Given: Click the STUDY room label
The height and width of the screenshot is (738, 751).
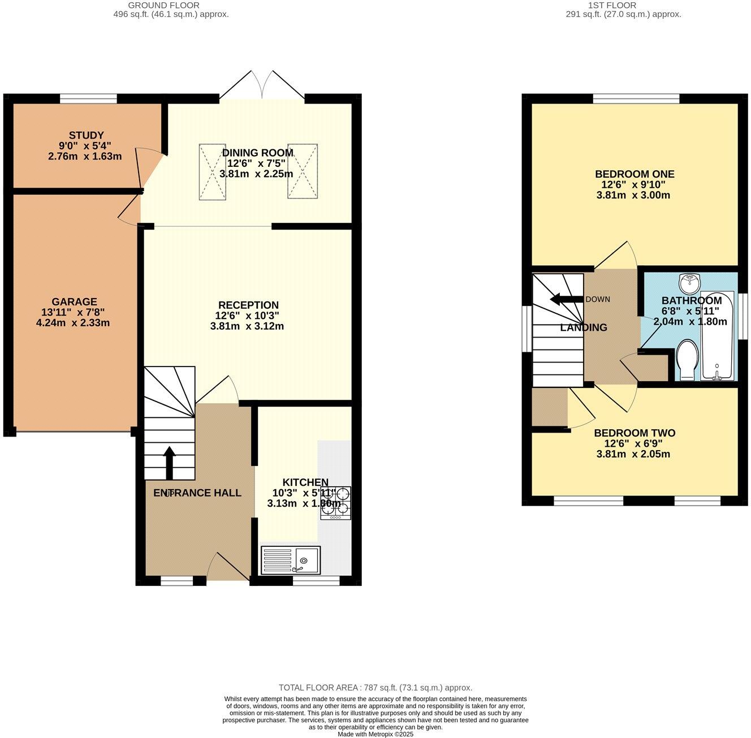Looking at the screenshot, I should tap(86, 135).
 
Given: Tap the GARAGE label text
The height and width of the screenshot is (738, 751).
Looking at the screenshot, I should tap(74, 302).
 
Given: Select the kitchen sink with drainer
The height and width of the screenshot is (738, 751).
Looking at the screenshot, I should tap(291, 560).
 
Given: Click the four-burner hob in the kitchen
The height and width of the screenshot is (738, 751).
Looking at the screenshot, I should tap(335, 503).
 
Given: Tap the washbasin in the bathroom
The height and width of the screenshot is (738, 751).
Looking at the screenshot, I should tap(690, 282).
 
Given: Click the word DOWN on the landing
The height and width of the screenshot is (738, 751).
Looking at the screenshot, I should tap(598, 299).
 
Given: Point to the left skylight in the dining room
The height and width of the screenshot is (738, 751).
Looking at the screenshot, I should tap(212, 171).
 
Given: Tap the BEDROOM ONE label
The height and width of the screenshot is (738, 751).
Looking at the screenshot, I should tap(635, 174).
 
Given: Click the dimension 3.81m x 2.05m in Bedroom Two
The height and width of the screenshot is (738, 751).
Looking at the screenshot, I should tap(633, 454).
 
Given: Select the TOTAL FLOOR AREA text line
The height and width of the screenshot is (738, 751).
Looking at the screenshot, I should tap(375, 688).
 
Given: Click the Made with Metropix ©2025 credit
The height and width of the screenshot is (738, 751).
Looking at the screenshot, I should tap(375, 734).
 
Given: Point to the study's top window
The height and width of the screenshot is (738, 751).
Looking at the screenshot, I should tap(88, 99).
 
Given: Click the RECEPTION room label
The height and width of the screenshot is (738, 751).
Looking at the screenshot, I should tap(248, 305).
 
